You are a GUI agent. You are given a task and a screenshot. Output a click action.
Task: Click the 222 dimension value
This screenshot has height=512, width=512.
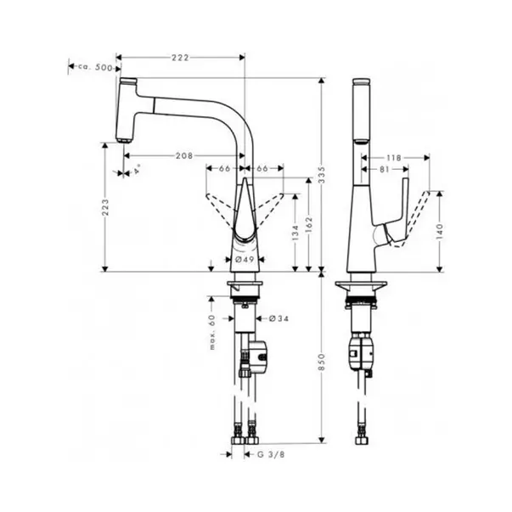180,58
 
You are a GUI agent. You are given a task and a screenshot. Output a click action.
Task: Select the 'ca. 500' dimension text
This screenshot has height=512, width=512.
95,68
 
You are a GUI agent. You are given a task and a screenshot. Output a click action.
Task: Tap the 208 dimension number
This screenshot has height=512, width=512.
184,156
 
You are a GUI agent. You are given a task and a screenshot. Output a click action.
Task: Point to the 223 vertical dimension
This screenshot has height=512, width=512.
105,207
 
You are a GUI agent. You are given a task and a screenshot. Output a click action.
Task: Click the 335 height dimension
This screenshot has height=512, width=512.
322,175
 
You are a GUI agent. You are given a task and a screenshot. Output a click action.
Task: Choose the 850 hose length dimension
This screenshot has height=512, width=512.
322,362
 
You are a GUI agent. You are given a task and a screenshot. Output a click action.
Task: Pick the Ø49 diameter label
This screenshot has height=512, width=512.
245,260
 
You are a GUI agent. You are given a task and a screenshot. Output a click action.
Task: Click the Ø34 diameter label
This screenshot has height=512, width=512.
279,318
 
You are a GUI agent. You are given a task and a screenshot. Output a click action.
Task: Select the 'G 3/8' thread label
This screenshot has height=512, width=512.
271,454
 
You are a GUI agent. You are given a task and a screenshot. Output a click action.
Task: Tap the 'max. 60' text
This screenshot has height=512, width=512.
212,332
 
